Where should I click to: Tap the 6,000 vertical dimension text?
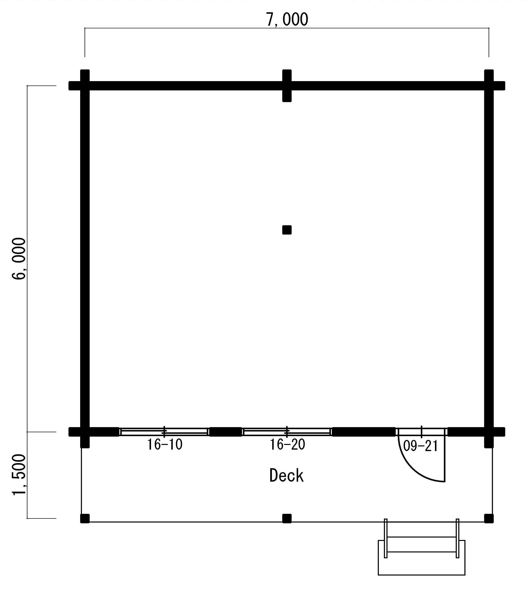tap(19, 259)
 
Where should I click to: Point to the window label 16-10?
tap(165, 445)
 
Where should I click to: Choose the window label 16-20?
tap(287, 445)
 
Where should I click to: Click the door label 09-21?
tap(420, 446)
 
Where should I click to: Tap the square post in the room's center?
tap(287, 230)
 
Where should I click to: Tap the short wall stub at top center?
tap(287, 86)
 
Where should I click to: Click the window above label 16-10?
tap(164, 432)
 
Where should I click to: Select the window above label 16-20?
tap(287, 432)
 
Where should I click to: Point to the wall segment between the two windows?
tap(225, 432)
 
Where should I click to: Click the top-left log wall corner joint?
tap(85, 86)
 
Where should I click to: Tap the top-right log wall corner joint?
tap(489, 86)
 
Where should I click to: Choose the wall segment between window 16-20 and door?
tap(364, 432)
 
